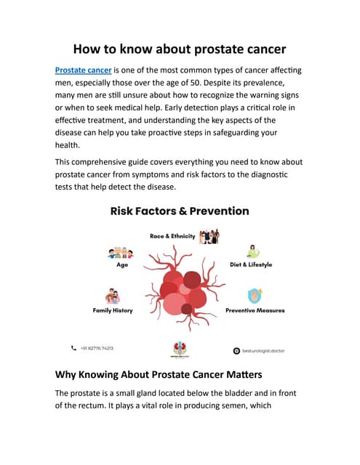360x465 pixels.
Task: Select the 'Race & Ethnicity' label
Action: [172, 237]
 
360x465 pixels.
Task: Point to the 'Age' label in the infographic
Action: [122, 264]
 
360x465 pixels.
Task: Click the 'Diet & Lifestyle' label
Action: [250, 264]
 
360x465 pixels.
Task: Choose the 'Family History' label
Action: [112, 310]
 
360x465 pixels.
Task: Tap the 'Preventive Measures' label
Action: [255, 310]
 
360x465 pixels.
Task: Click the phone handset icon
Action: [73, 348]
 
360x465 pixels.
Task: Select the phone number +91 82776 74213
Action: [97, 348]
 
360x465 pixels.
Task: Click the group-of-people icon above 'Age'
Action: [121, 253]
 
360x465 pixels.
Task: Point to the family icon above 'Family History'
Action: [112, 296]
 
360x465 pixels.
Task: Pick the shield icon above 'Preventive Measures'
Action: [255, 296]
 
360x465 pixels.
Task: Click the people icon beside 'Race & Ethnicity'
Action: [209, 236]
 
